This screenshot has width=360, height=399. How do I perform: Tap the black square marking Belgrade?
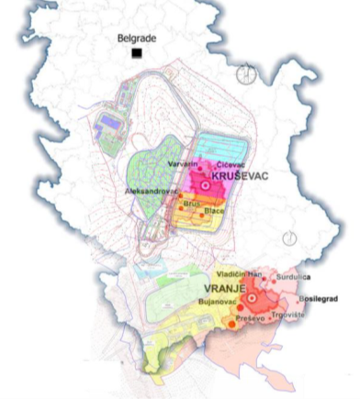pyautogui.click(x=137, y=53)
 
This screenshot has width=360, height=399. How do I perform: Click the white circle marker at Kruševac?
pyautogui.click(x=204, y=185)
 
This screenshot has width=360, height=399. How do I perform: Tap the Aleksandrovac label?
pyautogui.click(x=151, y=192)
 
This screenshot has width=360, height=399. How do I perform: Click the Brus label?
pyautogui.click(x=190, y=203)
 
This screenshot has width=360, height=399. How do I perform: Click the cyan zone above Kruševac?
pyautogui.click(x=224, y=147)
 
